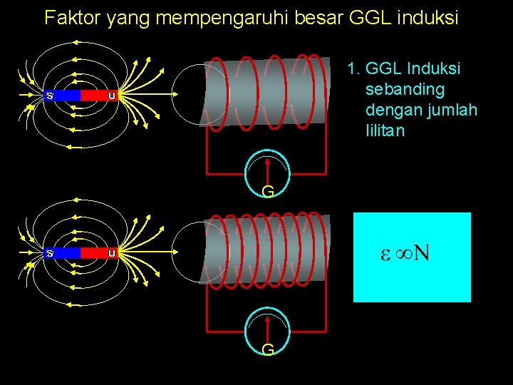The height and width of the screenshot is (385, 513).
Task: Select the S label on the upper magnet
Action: click(x=51, y=95)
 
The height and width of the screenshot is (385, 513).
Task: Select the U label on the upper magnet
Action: click(x=112, y=95)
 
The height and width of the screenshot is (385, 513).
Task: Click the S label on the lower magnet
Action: click(x=51, y=252)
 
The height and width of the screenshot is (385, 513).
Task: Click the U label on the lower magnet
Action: click(x=112, y=252)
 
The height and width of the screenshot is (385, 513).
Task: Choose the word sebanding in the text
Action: click(x=405, y=90)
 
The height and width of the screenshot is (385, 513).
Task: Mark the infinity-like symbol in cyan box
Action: click(x=403, y=253)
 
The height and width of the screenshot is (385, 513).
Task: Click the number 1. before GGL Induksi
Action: click(x=353, y=69)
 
